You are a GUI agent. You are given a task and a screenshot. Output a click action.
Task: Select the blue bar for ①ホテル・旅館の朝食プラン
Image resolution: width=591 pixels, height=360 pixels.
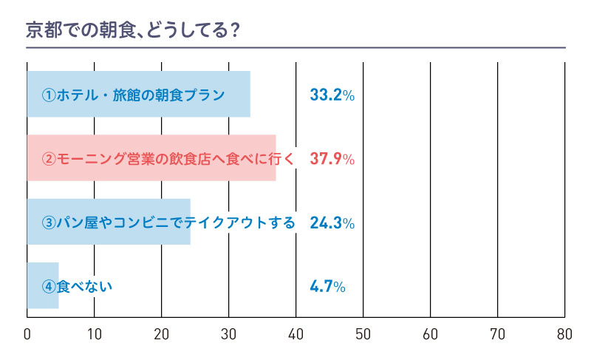click(x=138, y=95)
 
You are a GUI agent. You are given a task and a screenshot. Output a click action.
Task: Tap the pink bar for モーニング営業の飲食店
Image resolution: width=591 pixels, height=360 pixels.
click(x=151, y=158)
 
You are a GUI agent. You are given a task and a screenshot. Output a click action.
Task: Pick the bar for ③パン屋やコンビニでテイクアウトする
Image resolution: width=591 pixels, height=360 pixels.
click(x=109, y=223)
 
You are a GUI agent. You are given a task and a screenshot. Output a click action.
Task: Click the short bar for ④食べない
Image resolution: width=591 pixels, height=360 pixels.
click(x=42, y=286)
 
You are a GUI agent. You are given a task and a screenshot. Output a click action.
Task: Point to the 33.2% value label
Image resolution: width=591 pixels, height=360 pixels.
click(x=332, y=95)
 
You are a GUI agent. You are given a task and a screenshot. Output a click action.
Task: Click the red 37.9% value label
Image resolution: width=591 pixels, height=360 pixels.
click(x=332, y=159)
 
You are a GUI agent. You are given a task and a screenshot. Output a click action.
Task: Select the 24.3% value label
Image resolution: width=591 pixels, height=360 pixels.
click(x=332, y=223)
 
